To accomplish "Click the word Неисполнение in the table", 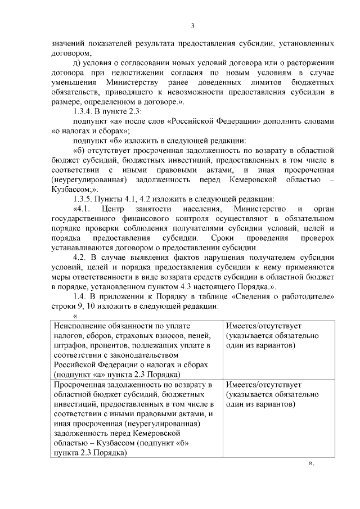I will [82, 326].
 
